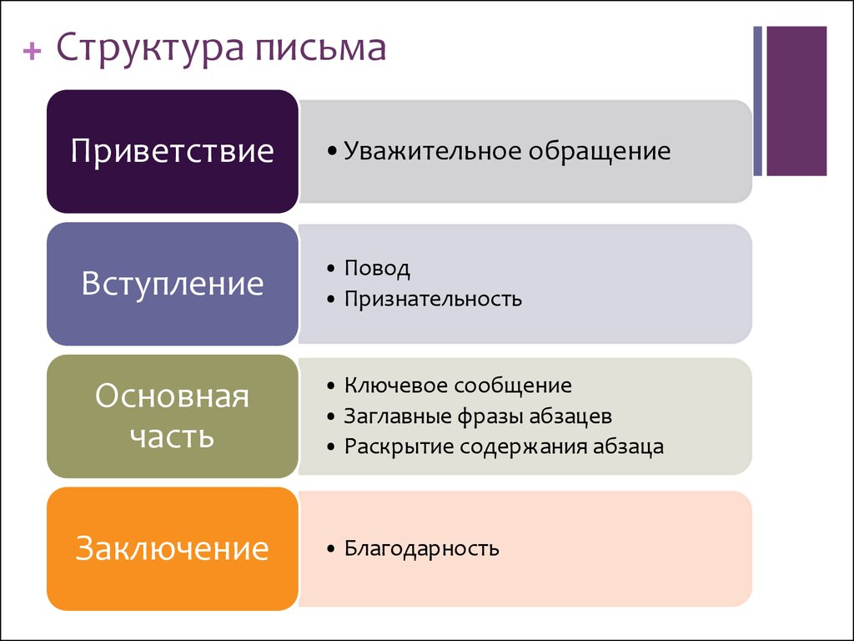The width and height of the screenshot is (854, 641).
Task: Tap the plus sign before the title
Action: pyautogui.click(x=33, y=51)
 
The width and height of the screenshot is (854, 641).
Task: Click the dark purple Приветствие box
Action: pyautogui.click(x=173, y=152)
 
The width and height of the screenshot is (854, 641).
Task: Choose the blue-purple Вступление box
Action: pyautogui.click(x=173, y=284)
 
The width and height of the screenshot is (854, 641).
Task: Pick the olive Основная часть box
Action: pyautogui.click(x=173, y=416)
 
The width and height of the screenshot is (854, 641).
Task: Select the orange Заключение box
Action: pyautogui.click(x=173, y=549)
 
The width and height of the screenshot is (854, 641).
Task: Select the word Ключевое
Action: pyautogui.click(x=396, y=386)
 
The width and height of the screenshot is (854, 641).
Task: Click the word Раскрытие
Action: pyautogui.click(x=398, y=447)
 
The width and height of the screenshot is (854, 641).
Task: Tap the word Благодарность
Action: pyautogui.click(x=421, y=548)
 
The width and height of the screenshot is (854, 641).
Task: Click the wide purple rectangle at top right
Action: pyautogui.click(x=796, y=101)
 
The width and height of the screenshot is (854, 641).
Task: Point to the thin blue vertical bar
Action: pyautogui.click(x=757, y=101)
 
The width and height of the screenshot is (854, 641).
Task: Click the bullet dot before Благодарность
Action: pyautogui.click(x=330, y=549)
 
